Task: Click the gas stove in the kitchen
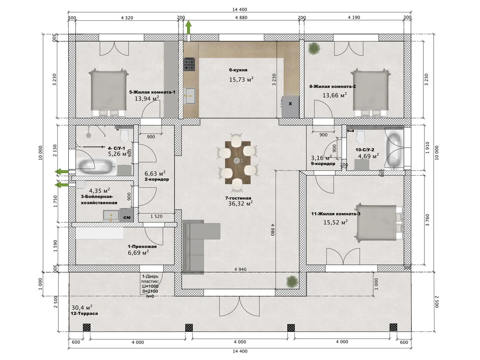tap(189, 64)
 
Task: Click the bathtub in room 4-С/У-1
tap(96, 167)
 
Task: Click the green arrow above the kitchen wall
tap(189, 27)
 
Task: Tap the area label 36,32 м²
tap(240, 203)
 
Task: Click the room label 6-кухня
tap(238, 70)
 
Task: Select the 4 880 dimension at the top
tap(241, 17)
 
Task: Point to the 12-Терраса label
tap(84, 313)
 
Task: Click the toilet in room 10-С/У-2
tap(360, 136)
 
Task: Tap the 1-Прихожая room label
tap(142, 247)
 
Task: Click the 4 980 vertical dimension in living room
tap(272, 230)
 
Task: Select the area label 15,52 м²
tap(335, 222)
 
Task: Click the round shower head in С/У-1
tap(88, 136)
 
